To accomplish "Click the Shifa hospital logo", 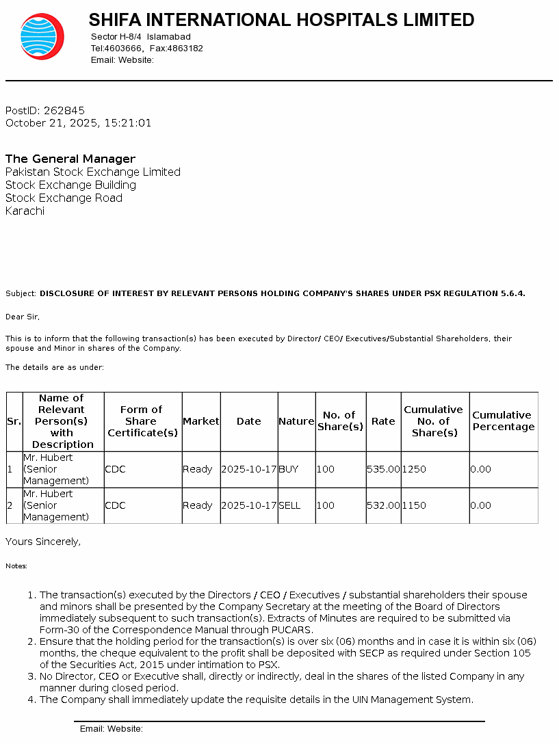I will tap(42, 36).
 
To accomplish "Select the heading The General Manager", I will tap(70, 159).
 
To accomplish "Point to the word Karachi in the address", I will tap(25, 211).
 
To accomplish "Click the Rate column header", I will tap(383, 421).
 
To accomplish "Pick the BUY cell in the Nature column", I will tap(289, 469).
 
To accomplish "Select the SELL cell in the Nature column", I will tap(290, 505).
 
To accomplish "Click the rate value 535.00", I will tap(383, 469).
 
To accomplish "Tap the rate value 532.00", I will tap(383, 505).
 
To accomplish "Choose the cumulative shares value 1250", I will tap(414, 469).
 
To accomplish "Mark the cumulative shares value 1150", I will tap(414, 505).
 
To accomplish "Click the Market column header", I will tap(201, 421).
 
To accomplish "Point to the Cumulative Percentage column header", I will tap(503, 421).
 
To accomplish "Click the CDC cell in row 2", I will tap(116, 505).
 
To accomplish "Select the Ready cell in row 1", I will tap(198, 469).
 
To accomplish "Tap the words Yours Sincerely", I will tap(43, 542).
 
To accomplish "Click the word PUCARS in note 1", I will tap(293, 630).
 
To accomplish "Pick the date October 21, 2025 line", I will tap(78, 123).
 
